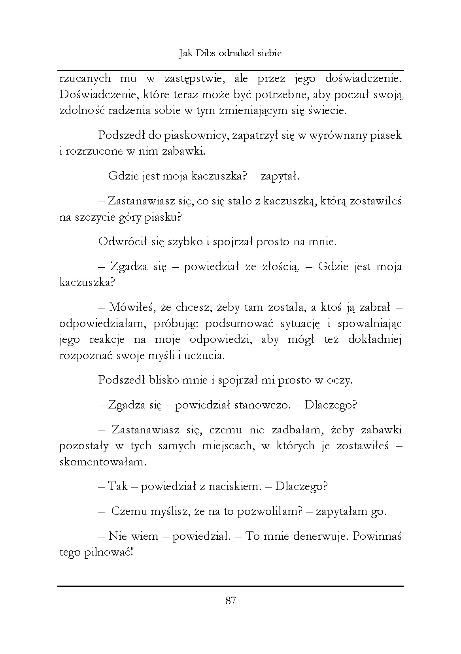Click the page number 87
pyautogui.click(x=230, y=601)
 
